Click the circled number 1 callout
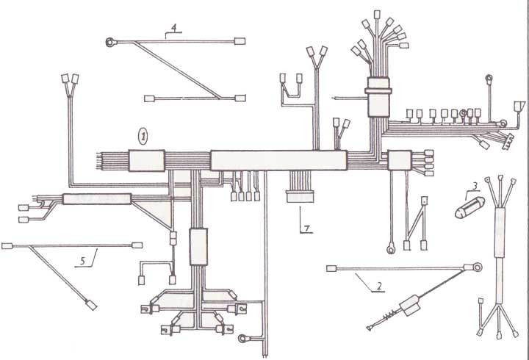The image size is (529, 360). click(143, 137)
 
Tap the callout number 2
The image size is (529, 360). click(379, 287)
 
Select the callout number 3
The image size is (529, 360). click(475, 186)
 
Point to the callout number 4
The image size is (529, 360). click(173, 28)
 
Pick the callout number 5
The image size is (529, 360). click(82, 261)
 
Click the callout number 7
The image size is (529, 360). click(307, 228)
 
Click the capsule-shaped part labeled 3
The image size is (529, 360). click(469, 207)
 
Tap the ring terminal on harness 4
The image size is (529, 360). click(110, 43)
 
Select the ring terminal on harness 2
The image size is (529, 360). click(477, 267)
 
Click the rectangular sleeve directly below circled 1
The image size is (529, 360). click(147, 161)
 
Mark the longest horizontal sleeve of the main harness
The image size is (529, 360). click(278, 160)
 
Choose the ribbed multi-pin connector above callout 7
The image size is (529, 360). click(300, 196)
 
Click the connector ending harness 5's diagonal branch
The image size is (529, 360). click(91, 306)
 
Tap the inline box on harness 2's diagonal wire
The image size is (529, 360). click(410, 306)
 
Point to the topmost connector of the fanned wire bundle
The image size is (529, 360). click(377, 15)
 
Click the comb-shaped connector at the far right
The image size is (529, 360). click(508, 141)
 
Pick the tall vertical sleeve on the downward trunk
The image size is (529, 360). click(198, 247)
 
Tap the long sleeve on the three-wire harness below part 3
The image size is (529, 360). click(500, 233)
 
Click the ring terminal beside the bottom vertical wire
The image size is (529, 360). click(243, 338)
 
